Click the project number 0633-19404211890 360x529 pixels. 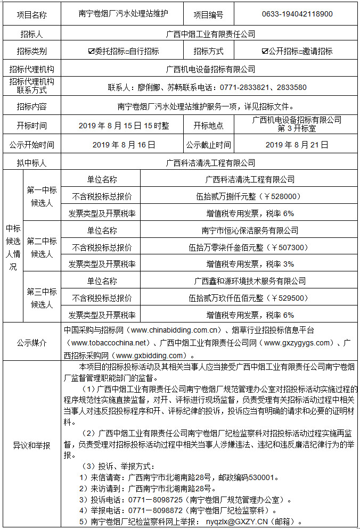[297, 14]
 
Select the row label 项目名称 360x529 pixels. [31, 15]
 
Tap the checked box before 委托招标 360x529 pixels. [91, 52]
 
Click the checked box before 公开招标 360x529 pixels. [265, 52]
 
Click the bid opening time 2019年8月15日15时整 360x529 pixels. [124, 126]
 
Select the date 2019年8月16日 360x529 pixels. [124, 144]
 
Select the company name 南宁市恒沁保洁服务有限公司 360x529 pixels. [250, 230]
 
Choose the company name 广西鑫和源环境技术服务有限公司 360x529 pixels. [250, 281]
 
